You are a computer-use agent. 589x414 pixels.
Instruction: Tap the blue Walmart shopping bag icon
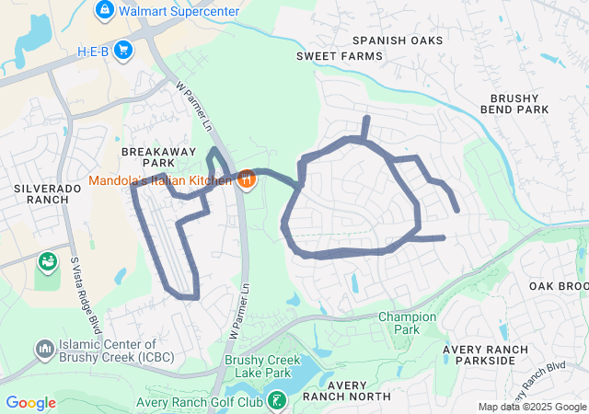(x=105, y=11)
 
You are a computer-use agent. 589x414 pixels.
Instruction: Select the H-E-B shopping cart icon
(x=123, y=51)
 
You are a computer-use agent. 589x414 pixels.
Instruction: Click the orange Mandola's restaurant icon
(x=246, y=178)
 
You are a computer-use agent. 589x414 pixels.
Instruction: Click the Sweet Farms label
(x=339, y=56)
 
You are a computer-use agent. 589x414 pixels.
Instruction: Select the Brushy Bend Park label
(x=520, y=103)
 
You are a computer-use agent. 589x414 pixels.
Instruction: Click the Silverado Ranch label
(x=48, y=193)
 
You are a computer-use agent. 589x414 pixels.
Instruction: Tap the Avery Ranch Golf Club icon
(x=276, y=400)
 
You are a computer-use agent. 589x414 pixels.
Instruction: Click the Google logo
(x=30, y=403)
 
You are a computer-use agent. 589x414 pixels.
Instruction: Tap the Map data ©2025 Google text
(x=531, y=408)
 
